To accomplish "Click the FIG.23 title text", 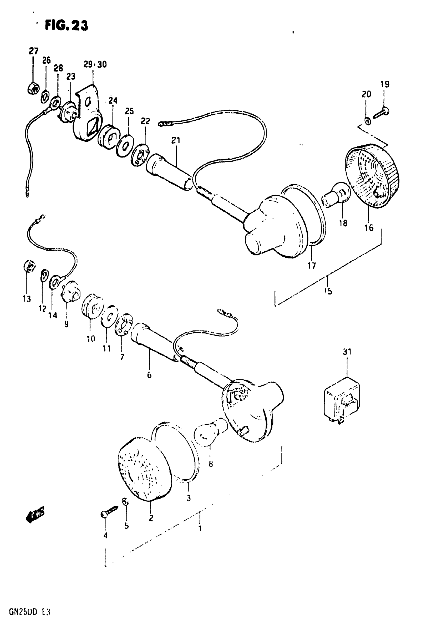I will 66,26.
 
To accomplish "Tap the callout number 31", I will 347,352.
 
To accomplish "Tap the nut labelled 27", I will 33,89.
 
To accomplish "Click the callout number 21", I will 176,140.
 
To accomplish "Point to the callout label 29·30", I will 95,64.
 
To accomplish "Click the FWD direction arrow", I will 35,514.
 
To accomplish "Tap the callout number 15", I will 328,291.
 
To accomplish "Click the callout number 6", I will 149,375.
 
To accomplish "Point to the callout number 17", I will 312,266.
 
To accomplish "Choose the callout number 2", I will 151,518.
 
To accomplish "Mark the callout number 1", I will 200,529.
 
